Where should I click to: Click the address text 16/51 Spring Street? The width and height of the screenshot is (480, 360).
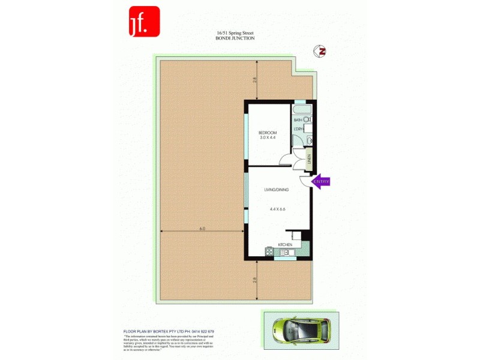coord(235,34)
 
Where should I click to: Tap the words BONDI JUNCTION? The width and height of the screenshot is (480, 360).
coord(235,38)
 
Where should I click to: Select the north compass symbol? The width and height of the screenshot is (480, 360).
coord(320,52)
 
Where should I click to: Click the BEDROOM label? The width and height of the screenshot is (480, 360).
coord(268,133)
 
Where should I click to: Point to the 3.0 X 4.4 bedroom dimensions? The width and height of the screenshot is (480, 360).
coord(268,138)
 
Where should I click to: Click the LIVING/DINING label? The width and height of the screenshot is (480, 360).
coord(277,190)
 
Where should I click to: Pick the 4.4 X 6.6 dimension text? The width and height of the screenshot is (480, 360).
coord(277,209)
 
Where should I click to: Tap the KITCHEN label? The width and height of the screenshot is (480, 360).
coord(285,245)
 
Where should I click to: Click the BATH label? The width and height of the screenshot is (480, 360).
coord(298,121)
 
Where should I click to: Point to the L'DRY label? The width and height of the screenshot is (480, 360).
coord(298,130)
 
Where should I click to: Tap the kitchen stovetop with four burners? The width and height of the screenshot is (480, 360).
coord(269,252)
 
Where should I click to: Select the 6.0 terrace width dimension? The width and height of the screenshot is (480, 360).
coord(202,229)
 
